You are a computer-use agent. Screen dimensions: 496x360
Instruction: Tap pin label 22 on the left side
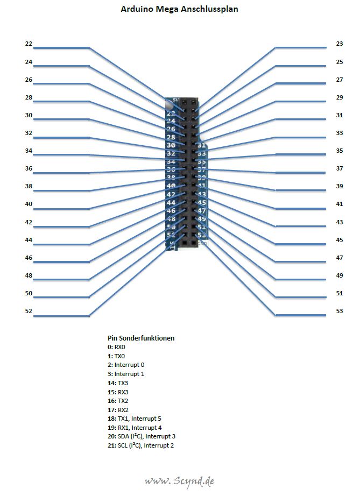click(x=29, y=44)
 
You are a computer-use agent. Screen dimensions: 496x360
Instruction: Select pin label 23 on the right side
click(x=340, y=44)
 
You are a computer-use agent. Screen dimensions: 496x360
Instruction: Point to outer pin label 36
click(x=29, y=168)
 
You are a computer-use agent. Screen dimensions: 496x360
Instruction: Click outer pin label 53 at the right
click(x=340, y=311)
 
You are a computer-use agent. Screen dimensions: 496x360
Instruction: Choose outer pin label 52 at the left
click(x=29, y=311)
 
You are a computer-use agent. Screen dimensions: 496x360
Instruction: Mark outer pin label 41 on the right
click(x=340, y=204)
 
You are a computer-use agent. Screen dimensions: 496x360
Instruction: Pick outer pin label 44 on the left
click(x=29, y=240)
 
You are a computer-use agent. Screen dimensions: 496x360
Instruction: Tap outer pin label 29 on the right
click(x=340, y=97)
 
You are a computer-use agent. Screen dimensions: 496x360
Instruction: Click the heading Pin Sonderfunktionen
click(x=140, y=338)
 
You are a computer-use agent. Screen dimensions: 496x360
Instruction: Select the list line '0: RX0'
click(x=117, y=348)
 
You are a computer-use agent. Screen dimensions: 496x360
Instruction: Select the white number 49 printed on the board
click(x=202, y=219)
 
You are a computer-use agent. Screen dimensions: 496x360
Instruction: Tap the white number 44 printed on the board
click(x=171, y=202)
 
